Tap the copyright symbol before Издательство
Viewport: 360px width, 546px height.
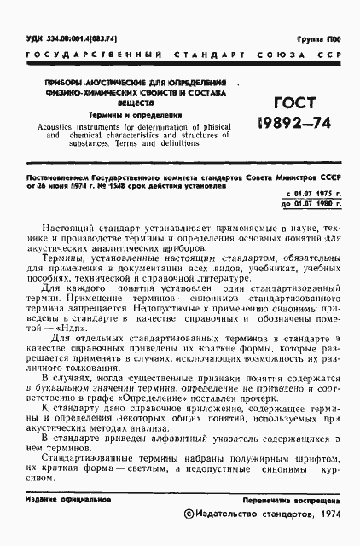click(x=189, y=516)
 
